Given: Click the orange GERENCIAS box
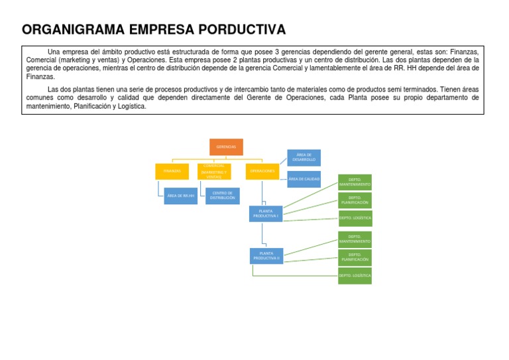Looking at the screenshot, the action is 226,147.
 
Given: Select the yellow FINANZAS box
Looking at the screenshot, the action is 172,171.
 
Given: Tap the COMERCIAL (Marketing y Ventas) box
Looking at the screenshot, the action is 213,172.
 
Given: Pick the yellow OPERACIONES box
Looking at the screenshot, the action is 262,171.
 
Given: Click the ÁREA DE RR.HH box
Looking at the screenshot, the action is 180,196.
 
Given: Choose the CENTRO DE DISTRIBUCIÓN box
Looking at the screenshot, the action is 222,196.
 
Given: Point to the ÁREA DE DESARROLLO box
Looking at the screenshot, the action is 304,157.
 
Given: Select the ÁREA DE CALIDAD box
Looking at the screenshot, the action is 304,179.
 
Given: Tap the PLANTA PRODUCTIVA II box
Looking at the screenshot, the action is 266,255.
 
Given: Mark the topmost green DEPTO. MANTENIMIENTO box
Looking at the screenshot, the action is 355,182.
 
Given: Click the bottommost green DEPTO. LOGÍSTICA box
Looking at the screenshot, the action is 355,275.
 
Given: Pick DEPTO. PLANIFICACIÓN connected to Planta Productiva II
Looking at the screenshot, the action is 355,257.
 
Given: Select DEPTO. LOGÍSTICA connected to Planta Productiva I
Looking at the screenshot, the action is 355,217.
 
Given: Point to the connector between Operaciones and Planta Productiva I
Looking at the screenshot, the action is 262,193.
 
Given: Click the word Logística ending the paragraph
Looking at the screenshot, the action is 130,106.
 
